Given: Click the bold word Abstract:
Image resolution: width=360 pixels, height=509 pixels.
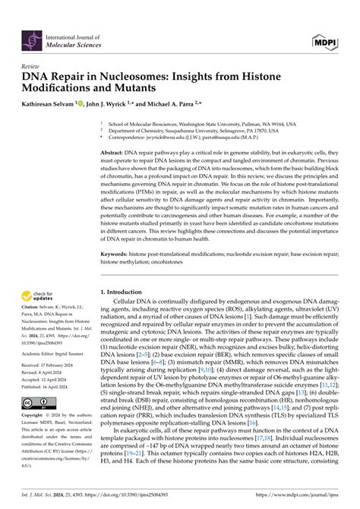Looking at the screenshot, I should [x=114, y=152].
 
